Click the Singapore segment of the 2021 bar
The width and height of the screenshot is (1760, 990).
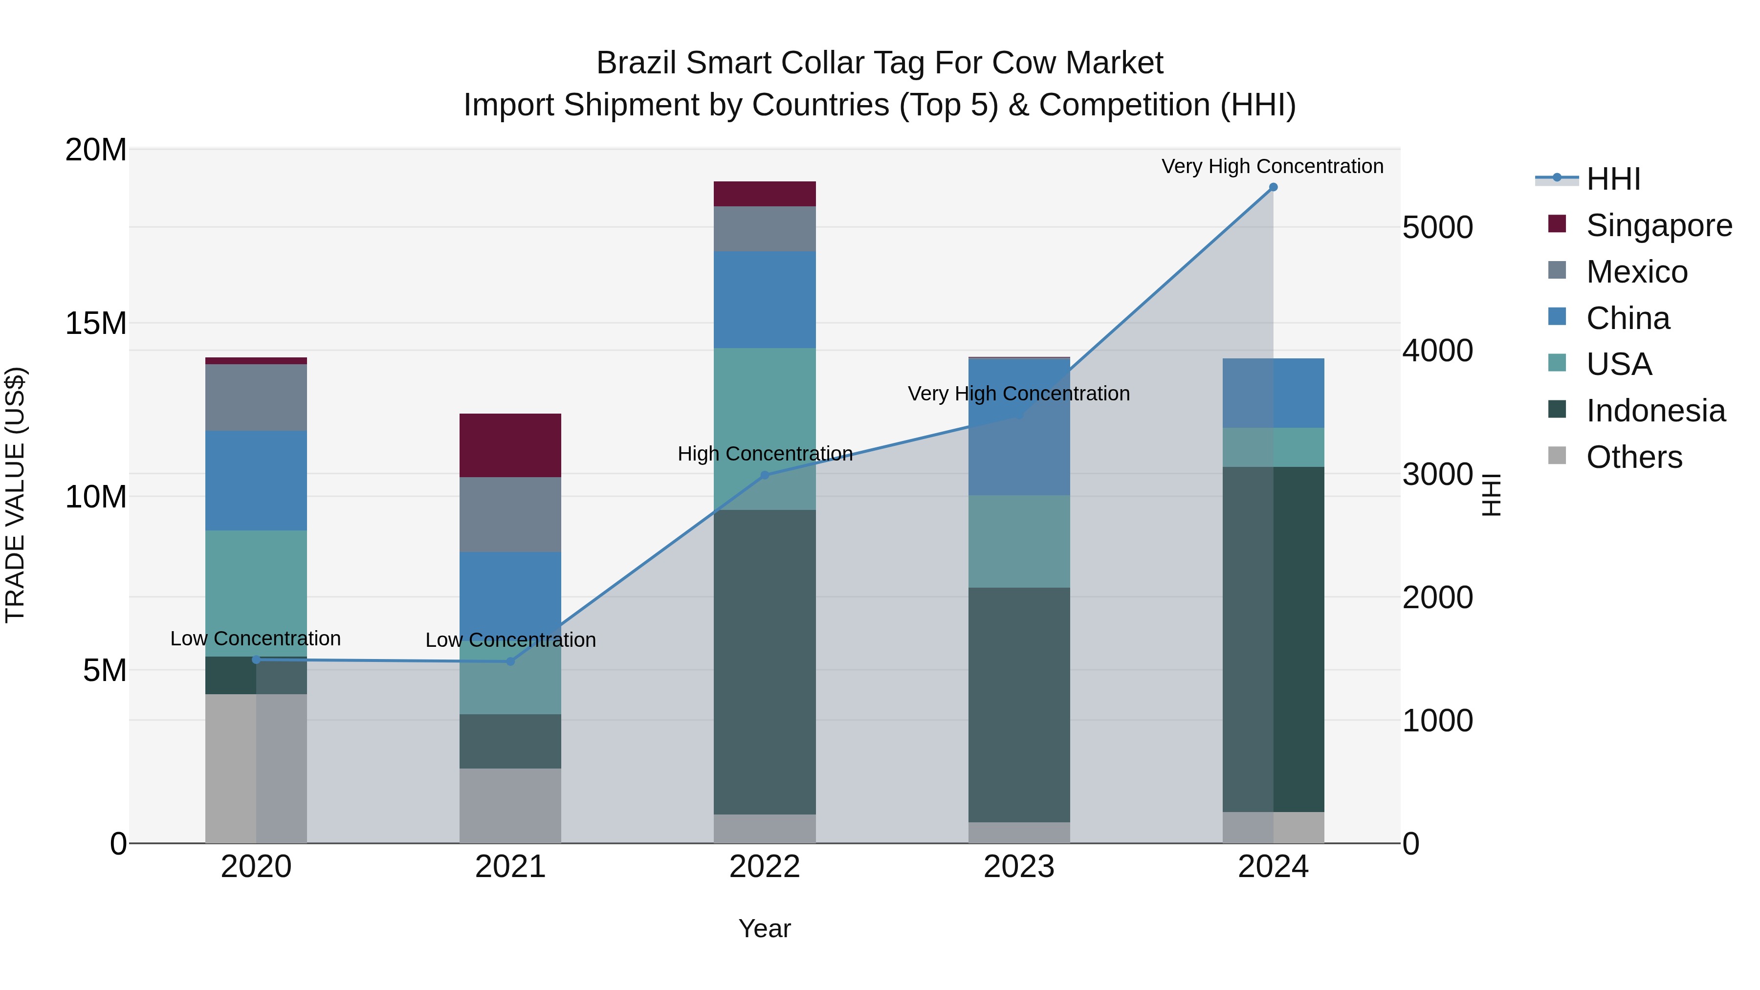click(510, 445)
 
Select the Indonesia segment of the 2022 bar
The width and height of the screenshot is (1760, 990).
click(765, 661)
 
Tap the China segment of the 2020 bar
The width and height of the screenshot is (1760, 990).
click(256, 480)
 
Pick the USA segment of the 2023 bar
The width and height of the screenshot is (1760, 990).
click(1019, 541)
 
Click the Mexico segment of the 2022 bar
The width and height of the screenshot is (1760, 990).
click(765, 228)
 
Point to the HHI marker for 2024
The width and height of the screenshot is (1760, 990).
click(1273, 187)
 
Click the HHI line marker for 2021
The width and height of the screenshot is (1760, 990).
click(510, 661)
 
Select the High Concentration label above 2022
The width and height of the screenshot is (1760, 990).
click(765, 454)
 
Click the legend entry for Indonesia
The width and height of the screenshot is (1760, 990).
click(1655, 411)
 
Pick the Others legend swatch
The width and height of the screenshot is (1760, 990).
click(1557, 455)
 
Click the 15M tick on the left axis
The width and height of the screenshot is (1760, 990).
click(96, 323)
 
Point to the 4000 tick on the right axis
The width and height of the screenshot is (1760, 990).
click(1437, 351)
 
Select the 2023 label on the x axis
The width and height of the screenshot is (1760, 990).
click(1019, 867)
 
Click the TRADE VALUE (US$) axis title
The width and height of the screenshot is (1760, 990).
click(15, 495)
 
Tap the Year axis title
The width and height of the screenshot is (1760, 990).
click(765, 928)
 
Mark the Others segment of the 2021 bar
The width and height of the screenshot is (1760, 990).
click(510, 806)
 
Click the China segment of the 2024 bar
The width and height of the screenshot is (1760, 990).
click(1273, 393)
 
